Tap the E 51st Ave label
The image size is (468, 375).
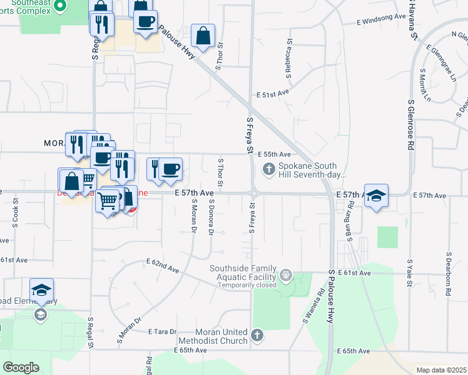click(275, 94)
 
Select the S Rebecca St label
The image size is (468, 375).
click(290, 61)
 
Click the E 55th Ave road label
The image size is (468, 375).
click(277, 154)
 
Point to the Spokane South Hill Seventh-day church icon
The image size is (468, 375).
click(269, 168)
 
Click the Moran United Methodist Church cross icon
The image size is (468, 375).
click(257, 336)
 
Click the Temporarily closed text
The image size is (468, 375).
click(247, 285)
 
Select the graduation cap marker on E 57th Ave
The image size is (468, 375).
click(376, 196)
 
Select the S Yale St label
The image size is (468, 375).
click(410, 274)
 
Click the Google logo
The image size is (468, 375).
click(21, 367)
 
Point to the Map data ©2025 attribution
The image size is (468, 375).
click(441, 370)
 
